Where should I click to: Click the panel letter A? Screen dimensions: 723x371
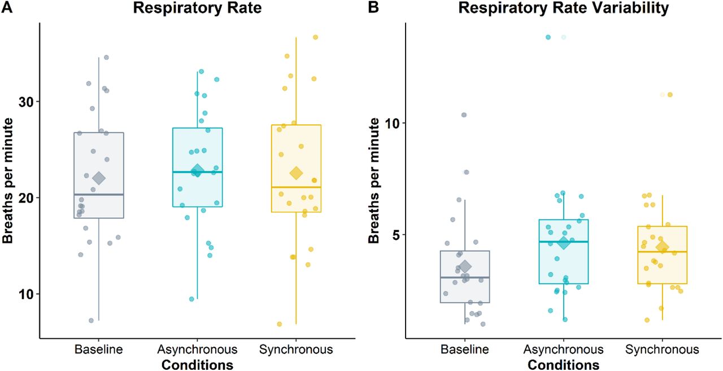pyautogui.click(x=7, y=7)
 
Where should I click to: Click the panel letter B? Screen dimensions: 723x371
pyautogui.click(x=373, y=7)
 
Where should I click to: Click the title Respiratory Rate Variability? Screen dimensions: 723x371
pyautogui.click(x=564, y=8)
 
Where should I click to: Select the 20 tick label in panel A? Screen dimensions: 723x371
pyautogui.click(x=25, y=198)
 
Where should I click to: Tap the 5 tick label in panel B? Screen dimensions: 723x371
pyautogui.click(x=397, y=235)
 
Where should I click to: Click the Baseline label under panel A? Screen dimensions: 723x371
pyautogui.click(x=99, y=350)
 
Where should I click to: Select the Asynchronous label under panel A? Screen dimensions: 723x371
pyautogui.click(x=197, y=350)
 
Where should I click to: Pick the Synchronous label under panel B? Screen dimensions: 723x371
pyautogui.click(x=662, y=350)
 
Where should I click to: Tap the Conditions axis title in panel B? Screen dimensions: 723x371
pyautogui.click(x=563, y=365)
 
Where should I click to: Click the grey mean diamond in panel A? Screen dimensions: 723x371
pyautogui.click(x=99, y=178)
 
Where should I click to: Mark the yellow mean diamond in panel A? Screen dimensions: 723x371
pyautogui.click(x=297, y=173)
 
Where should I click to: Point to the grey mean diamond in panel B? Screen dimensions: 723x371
pyautogui.click(x=465, y=266)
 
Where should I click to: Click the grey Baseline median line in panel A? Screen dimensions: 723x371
pyautogui.click(x=99, y=194)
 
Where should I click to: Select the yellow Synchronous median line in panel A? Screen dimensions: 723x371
pyautogui.click(x=297, y=187)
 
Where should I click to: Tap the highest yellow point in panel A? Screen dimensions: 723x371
pyautogui.click(x=315, y=37)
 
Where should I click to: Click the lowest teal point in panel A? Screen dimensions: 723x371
pyautogui.click(x=191, y=299)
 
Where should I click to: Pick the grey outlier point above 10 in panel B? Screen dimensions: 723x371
pyautogui.click(x=464, y=115)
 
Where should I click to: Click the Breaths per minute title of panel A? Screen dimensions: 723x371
pyautogui.click(x=7, y=180)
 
